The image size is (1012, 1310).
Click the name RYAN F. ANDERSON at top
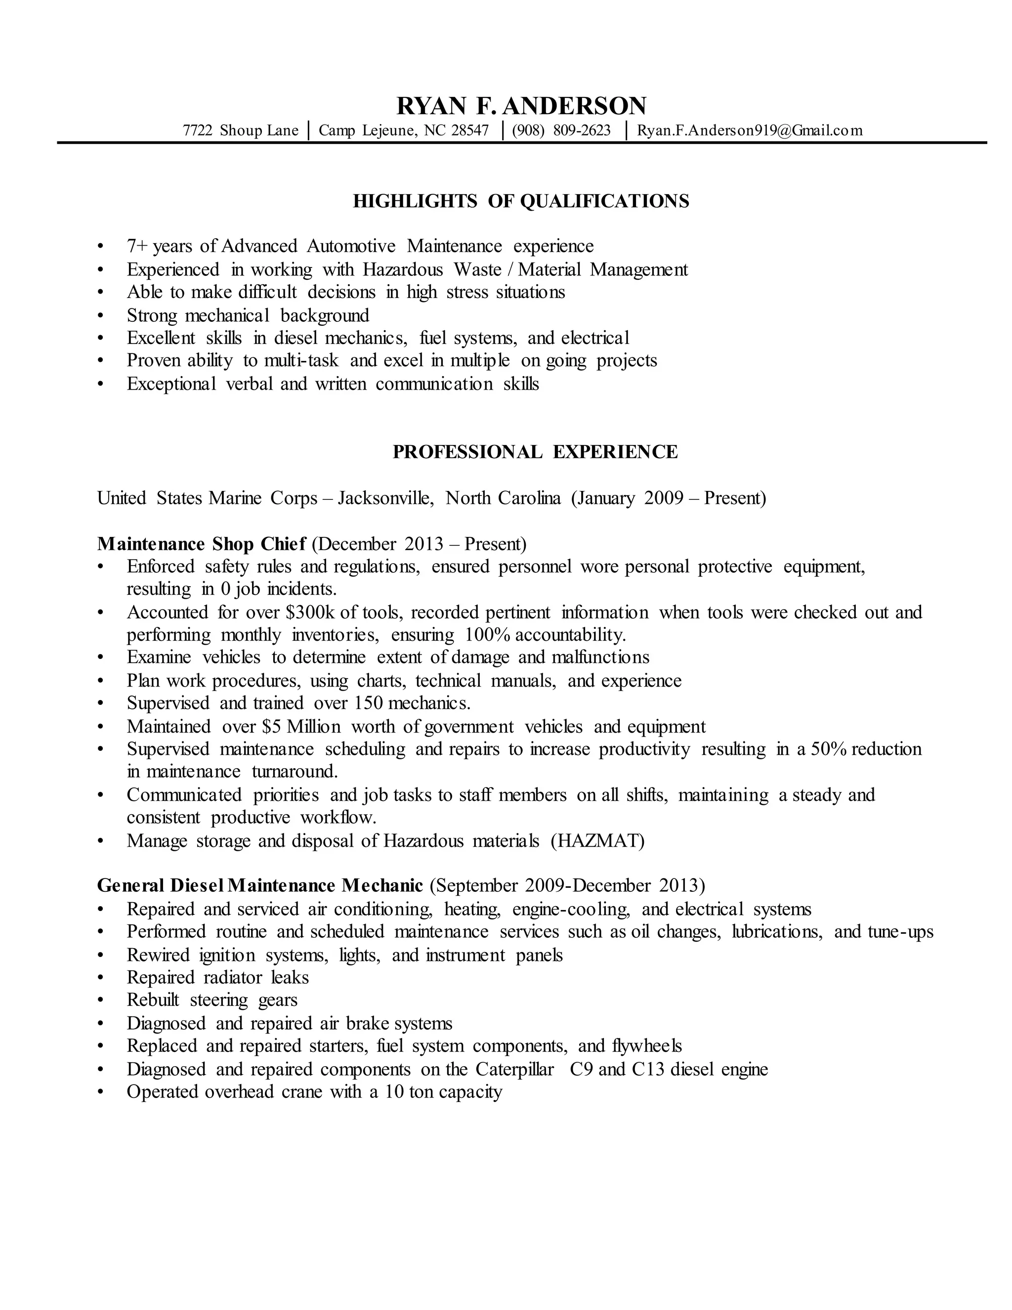tap(521, 106)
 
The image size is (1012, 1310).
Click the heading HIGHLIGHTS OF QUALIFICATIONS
tap(521, 201)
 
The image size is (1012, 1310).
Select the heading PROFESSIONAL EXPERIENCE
tap(535, 452)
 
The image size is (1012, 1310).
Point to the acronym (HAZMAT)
tap(598, 840)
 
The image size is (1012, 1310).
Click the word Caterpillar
tap(514, 1069)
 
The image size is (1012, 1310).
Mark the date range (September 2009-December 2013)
tap(568, 885)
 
